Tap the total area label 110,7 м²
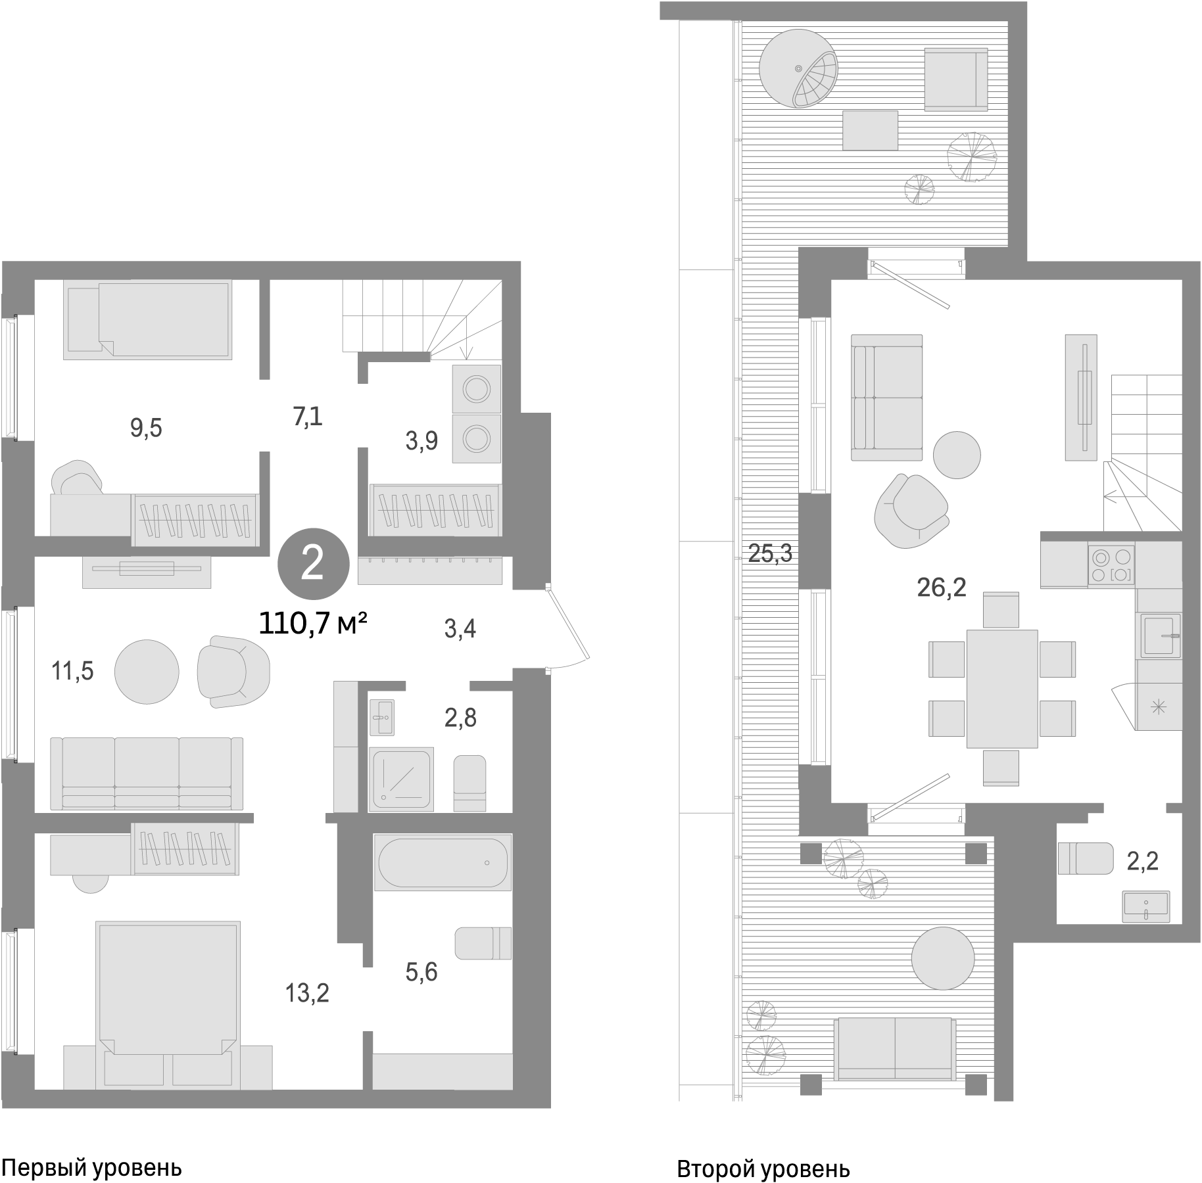313,624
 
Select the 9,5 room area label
146,429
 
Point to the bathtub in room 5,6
442,862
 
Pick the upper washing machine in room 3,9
477,389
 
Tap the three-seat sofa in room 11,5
147,773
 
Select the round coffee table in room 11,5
147,672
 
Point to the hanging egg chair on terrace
798,70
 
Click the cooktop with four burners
1111,565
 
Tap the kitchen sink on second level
1160,636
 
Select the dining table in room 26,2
1001,689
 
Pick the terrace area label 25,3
770,555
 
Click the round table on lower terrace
942,958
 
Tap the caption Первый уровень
91,1169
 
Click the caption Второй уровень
763,1170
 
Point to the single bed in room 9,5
148,320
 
